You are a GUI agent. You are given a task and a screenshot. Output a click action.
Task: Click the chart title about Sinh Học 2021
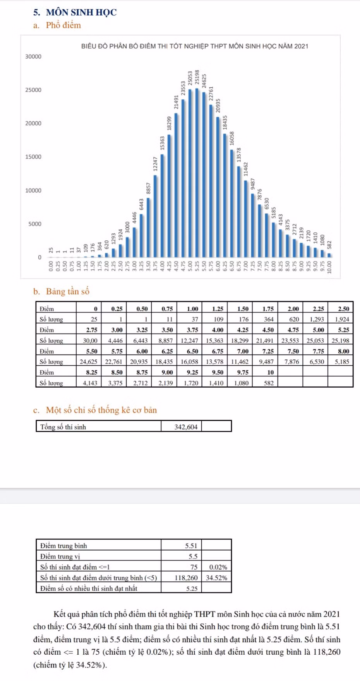(195, 46)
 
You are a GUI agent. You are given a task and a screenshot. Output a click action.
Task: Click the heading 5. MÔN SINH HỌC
(75, 12)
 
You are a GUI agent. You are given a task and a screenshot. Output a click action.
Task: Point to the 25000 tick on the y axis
(33, 90)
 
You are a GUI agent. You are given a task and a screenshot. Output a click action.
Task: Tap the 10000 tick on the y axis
(33, 190)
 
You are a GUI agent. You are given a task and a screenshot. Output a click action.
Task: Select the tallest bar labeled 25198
(197, 173)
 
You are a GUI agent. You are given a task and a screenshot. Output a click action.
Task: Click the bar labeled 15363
(162, 205)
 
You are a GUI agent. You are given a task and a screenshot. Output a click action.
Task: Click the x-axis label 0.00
(51, 266)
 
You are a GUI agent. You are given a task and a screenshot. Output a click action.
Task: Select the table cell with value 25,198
(340, 340)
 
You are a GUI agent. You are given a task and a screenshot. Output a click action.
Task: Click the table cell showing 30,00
(90, 340)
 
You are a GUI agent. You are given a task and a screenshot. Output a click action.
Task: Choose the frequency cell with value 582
(269, 383)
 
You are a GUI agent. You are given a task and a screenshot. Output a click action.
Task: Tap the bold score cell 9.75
(243, 372)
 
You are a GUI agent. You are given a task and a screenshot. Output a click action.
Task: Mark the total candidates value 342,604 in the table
(186, 427)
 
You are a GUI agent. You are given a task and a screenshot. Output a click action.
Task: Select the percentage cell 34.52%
(216, 578)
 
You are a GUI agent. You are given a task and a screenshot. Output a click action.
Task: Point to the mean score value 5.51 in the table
(191, 546)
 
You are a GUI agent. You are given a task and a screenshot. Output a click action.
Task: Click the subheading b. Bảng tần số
(61, 291)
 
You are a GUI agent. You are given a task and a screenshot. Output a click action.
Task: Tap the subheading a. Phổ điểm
(57, 25)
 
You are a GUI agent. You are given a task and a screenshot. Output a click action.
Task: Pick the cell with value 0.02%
(218, 567)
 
